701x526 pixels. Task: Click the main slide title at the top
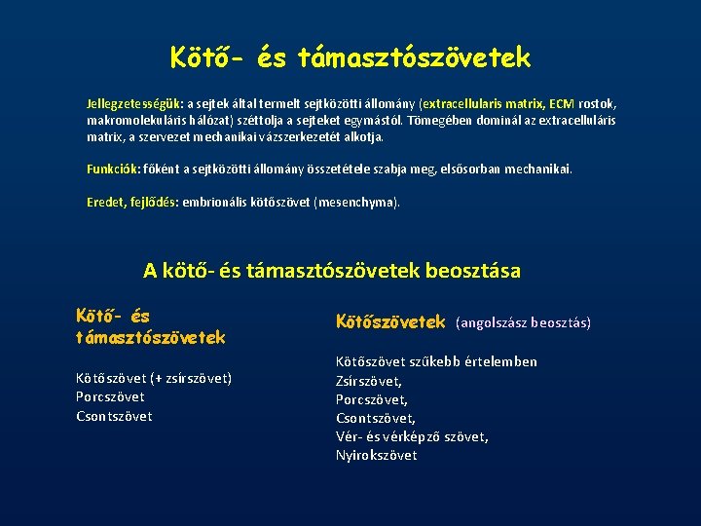click(x=350, y=57)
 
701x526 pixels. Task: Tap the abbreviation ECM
click(x=561, y=103)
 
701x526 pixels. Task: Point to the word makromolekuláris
click(x=130, y=120)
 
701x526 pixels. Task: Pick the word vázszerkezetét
click(x=290, y=137)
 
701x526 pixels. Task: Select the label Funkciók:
click(x=114, y=169)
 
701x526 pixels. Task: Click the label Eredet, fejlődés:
click(x=130, y=203)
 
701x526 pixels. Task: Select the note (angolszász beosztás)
click(x=523, y=322)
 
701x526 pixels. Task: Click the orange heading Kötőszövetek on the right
click(x=389, y=321)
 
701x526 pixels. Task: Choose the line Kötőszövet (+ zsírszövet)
click(x=154, y=378)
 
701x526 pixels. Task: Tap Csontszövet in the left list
click(x=114, y=416)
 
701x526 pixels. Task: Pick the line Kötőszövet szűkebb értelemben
click(x=436, y=361)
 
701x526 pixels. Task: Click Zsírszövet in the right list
click(x=369, y=381)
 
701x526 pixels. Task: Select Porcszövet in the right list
click(x=372, y=399)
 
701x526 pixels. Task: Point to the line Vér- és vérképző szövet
click(x=412, y=436)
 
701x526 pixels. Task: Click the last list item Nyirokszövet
click(x=376, y=455)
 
